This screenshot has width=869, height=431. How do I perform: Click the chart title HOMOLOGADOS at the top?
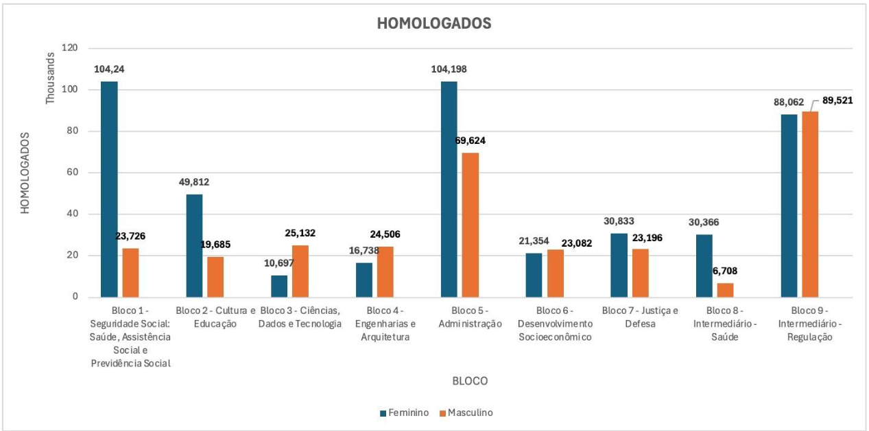point(434,23)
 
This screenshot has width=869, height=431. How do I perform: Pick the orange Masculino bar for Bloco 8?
point(725,290)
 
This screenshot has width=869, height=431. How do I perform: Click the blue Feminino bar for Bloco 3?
point(279,286)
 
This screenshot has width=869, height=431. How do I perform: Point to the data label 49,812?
point(194,182)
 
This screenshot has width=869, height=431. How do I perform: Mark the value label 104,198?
point(450,69)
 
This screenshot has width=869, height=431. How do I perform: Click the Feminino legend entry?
point(404,412)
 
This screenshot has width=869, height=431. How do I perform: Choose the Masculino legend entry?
point(466,412)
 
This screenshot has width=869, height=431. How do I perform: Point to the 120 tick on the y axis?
point(69,48)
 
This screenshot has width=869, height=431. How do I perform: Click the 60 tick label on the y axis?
point(71,173)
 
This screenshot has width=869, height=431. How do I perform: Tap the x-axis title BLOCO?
point(470,380)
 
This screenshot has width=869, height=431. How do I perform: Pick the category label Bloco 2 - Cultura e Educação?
point(215,317)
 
